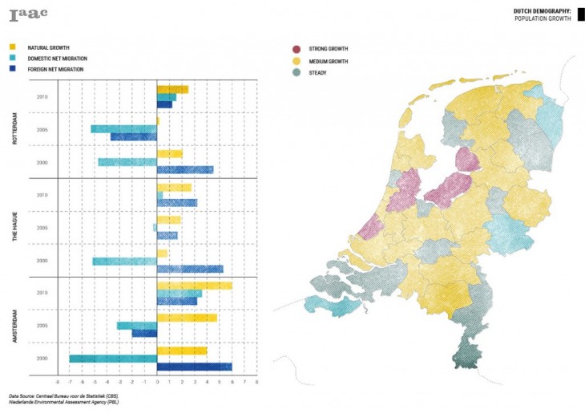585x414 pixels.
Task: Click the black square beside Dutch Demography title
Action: pyautogui.click(x=579, y=14)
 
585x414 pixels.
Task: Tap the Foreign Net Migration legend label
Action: pyautogui.click(x=57, y=68)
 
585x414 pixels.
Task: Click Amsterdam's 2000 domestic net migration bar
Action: pyautogui.click(x=113, y=359)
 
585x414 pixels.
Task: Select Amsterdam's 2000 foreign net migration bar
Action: pyautogui.click(x=195, y=367)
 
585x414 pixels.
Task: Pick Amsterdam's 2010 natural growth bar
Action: pyautogui.click(x=195, y=286)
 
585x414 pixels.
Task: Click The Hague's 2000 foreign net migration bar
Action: pyautogui.click(x=190, y=269)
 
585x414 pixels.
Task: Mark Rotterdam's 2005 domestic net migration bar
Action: pyautogui.click(x=124, y=128)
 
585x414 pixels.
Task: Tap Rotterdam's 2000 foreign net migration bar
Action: pyautogui.click(x=185, y=169)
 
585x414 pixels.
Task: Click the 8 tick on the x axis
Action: pyautogui.click(x=256, y=383)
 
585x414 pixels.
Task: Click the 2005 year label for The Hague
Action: pyautogui.click(x=43, y=228)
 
